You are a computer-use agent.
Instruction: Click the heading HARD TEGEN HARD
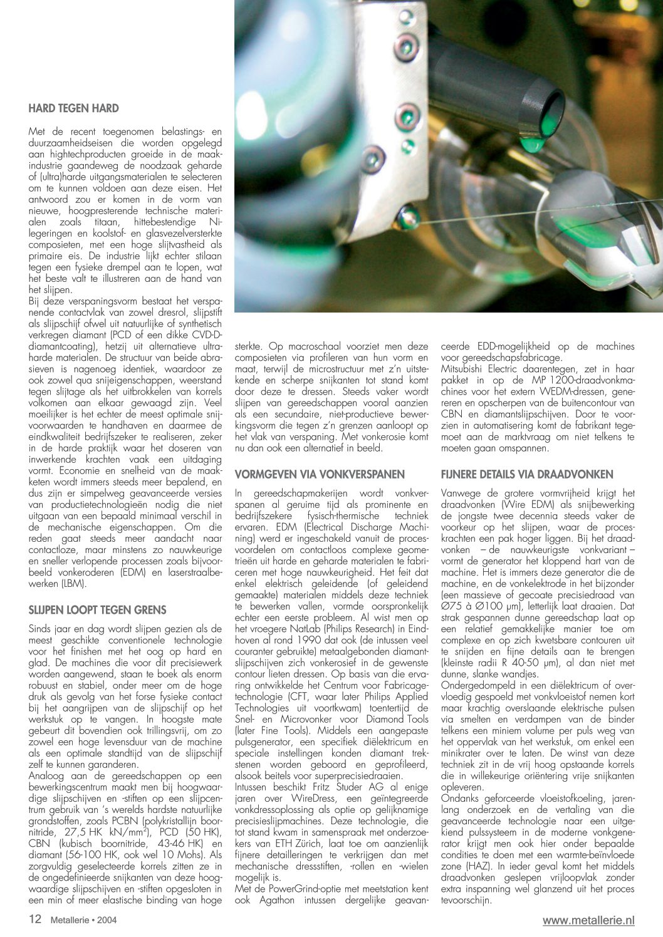pos(73,108)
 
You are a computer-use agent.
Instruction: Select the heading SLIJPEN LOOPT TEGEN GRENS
pos(98,609)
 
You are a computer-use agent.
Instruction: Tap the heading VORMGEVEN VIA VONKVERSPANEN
pos(320,474)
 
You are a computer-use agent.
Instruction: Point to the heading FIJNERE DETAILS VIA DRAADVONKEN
pos(527,474)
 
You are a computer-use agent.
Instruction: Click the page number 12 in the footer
pos(35,919)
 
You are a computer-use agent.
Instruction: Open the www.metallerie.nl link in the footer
pos(588,920)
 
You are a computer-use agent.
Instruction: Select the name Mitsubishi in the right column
pos(464,369)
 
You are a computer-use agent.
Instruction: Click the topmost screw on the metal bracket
pos(406,45)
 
